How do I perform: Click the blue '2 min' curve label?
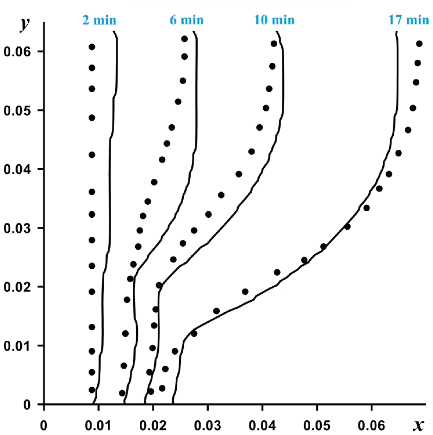[99, 20]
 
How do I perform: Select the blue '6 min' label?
[187, 20]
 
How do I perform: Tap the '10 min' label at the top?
[274, 20]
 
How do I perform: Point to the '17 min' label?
[409, 20]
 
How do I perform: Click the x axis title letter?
[418, 425]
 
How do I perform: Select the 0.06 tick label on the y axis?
[17, 52]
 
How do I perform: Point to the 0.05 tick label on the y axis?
[17, 111]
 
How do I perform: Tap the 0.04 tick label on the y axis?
[17, 169]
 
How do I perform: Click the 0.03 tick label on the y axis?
[17, 228]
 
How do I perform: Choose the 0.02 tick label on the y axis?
[17, 287]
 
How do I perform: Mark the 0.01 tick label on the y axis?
[17, 346]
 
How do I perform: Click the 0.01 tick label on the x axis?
[98, 426]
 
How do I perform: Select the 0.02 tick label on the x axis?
[153, 426]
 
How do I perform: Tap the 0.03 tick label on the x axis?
[208, 426]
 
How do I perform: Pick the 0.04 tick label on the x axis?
[262, 426]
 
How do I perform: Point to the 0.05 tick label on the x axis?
[317, 426]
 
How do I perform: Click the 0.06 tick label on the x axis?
[371, 426]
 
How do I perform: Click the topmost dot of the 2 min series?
[92, 47]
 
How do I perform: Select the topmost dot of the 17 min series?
[419, 44]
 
